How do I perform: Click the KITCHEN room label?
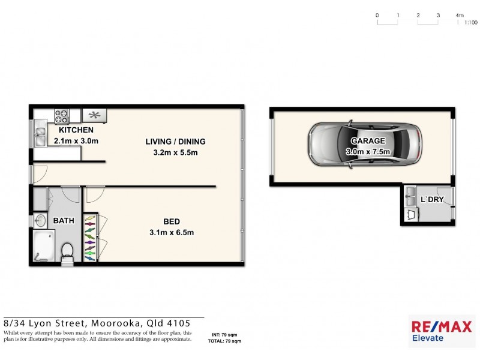point(76,130)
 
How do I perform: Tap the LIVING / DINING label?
point(175,142)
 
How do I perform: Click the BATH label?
point(64,221)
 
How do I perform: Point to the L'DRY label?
point(431,199)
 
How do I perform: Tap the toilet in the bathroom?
point(67,252)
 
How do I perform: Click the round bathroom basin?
point(40,221)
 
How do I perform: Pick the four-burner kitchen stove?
point(62,115)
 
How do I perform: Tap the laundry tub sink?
point(411,194)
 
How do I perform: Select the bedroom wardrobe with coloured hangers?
point(89,238)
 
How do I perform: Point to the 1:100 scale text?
point(470,22)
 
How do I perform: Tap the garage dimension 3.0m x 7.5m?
point(368,152)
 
